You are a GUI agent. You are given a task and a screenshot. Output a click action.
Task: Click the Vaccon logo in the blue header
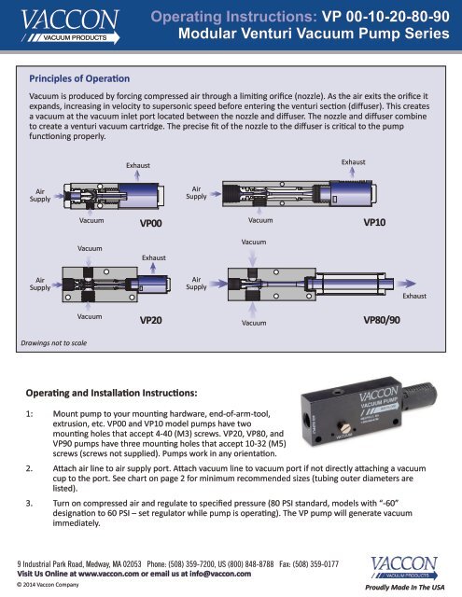(70, 26)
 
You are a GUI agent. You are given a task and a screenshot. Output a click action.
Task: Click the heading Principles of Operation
(79, 78)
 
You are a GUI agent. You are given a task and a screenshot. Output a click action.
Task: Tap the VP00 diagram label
(151, 223)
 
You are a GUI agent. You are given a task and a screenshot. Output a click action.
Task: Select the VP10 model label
(374, 222)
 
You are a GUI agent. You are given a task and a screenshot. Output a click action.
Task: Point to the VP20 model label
(151, 320)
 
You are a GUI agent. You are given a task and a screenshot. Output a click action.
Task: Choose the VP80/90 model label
(382, 320)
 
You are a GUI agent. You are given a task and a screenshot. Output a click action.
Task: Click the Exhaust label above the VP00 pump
(138, 166)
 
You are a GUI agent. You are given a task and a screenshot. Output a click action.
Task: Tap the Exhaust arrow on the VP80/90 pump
(406, 284)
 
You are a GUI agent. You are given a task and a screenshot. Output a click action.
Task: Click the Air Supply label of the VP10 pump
(196, 193)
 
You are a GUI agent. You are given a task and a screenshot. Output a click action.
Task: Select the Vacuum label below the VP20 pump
(90, 316)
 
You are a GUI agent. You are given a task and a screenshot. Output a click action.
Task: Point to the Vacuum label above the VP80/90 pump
(254, 243)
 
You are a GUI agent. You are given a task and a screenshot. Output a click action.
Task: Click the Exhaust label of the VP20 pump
(154, 257)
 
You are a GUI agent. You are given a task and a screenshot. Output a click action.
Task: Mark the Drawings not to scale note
(54, 343)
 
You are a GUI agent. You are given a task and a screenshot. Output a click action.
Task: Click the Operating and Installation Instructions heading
(112, 393)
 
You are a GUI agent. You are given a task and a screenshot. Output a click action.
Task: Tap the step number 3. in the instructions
(29, 504)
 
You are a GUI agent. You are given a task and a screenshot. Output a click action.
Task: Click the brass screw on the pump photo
(345, 429)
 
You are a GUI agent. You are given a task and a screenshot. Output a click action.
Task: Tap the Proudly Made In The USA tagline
(404, 587)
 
